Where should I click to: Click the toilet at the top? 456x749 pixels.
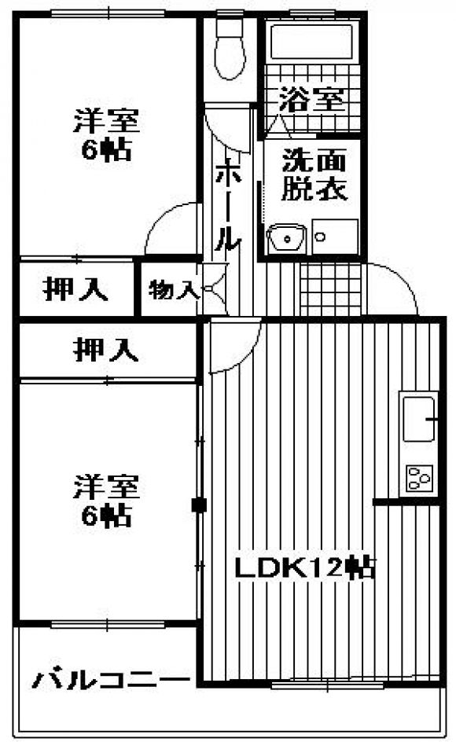pyautogui.click(x=230, y=48)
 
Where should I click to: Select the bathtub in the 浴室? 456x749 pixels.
pyautogui.click(x=311, y=42)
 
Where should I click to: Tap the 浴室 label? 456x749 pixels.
pyautogui.click(x=311, y=99)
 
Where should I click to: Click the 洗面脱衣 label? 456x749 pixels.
pyautogui.click(x=314, y=174)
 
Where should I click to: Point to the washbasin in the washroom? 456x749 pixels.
pyautogui.click(x=286, y=238)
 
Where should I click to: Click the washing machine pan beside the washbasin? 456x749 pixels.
pyautogui.click(x=335, y=237)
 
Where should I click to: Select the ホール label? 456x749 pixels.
pyautogui.click(x=227, y=206)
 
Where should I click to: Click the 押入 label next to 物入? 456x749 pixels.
pyautogui.click(x=75, y=288)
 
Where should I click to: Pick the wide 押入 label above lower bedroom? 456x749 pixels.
pyautogui.click(x=105, y=351)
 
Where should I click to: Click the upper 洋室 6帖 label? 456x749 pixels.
pyautogui.click(x=106, y=134)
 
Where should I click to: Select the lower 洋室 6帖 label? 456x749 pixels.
pyautogui.click(x=106, y=500)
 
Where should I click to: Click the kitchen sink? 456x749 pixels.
pyautogui.click(x=419, y=419)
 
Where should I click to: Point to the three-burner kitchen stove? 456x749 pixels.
pyautogui.click(x=419, y=478)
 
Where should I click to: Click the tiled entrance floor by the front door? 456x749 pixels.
pyautogui.click(x=331, y=288)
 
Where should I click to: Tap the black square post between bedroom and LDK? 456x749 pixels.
pyautogui.click(x=198, y=505)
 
